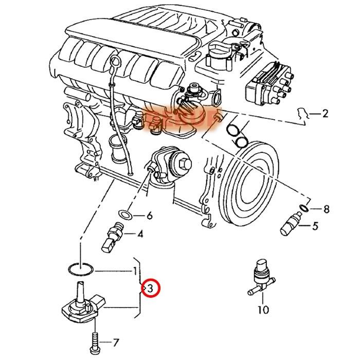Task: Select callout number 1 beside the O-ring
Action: click(135, 271)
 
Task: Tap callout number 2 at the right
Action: click(325, 114)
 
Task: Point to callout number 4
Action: click(140, 235)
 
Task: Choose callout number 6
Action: click(150, 215)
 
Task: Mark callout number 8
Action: click(326, 209)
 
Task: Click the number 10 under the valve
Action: click(263, 310)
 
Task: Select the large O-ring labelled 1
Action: click(80, 268)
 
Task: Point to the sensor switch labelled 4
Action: click(114, 238)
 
